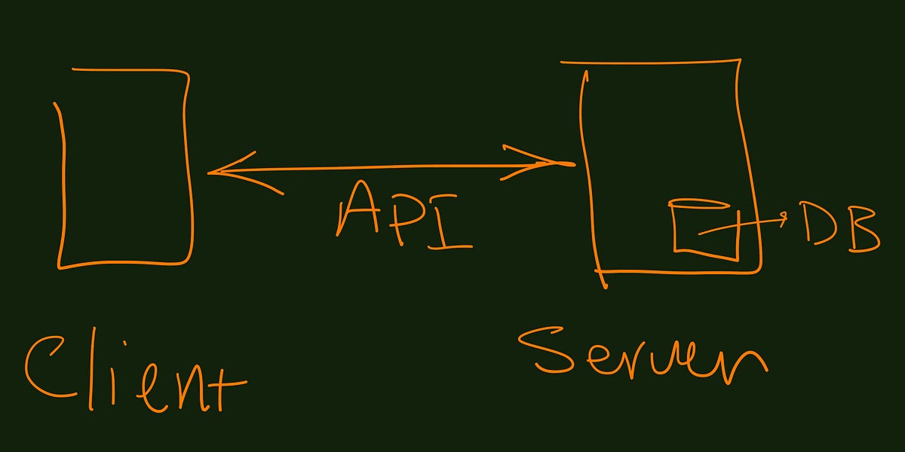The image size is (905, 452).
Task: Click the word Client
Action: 136,373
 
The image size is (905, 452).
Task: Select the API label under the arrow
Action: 403,215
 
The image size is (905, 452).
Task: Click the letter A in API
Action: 358,211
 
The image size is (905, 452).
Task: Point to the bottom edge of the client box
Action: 124,264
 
